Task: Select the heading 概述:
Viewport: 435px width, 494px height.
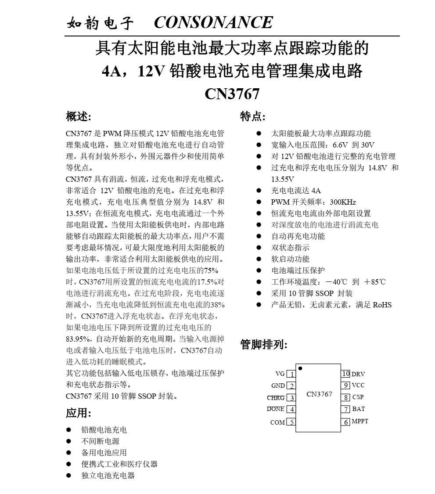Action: (x=79, y=116)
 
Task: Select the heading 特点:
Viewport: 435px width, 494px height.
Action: (x=252, y=116)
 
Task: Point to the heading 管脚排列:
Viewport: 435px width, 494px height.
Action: (x=264, y=345)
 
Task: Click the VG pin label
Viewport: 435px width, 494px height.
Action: (x=280, y=374)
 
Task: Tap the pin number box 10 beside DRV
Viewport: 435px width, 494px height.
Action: (x=345, y=374)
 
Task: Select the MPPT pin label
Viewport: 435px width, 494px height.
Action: (x=360, y=422)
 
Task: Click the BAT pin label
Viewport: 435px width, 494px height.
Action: (x=358, y=409)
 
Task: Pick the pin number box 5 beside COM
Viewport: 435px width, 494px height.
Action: (x=291, y=422)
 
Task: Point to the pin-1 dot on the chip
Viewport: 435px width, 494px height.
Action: (x=300, y=368)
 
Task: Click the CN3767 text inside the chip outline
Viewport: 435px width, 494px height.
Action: (x=319, y=394)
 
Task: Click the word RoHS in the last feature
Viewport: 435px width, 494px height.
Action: (x=382, y=305)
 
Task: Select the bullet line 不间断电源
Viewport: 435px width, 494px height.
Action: (x=100, y=441)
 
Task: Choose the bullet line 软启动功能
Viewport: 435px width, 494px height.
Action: (x=290, y=259)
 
